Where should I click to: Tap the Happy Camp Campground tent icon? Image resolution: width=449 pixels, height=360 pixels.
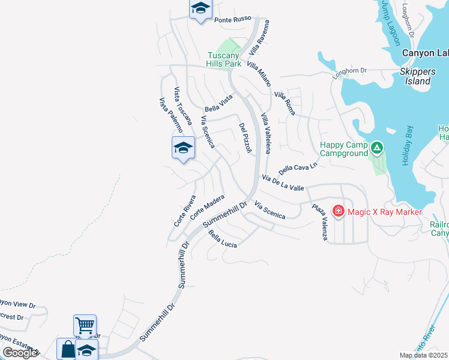pyautogui.click(x=377, y=146)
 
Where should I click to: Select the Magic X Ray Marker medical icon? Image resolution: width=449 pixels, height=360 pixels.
pyautogui.click(x=338, y=212)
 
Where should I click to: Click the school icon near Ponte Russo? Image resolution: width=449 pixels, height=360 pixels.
pyautogui.click(x=201, y=8)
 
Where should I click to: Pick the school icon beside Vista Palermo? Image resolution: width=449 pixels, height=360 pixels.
pyautogui.click(x=183, y=148)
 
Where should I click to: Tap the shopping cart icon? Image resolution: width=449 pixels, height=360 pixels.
pyautogui.click(x=85, y=326)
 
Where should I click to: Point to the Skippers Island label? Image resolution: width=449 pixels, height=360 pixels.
pyautogui.click(x=415, y=76)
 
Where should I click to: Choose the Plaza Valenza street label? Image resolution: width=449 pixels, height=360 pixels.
pyautogui.click(x=319, y=223)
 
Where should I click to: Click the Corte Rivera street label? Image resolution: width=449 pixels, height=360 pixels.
pyautogui.click(x=185, y=211)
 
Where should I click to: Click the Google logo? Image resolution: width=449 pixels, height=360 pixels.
pyautogui.click(x=20, y=353)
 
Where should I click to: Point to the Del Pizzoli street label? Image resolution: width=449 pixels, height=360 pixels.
pyautogui.click(x=244, y=138)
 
